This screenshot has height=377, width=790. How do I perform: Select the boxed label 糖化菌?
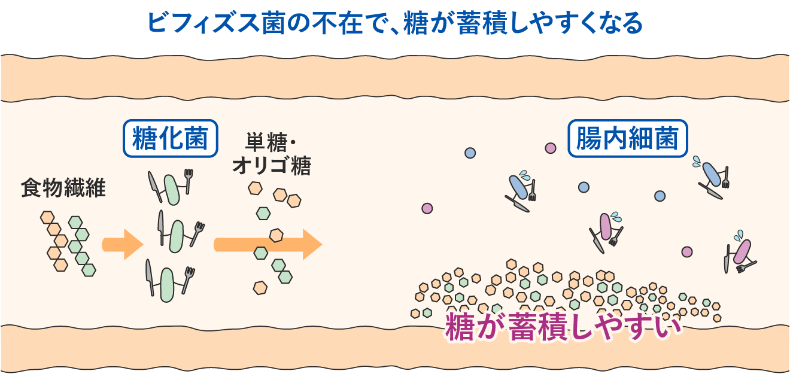coord(171,138)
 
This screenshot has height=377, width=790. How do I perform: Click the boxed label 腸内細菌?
coord(627,138)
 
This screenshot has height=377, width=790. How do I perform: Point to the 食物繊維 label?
coord(63,188)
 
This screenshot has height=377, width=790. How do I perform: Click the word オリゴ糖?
coord(272,165)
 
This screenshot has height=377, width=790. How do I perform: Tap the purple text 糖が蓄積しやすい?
coord(563,327)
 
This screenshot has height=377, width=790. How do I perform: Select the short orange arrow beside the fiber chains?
coord(122,244)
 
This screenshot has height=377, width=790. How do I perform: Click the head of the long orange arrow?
coord(312,244)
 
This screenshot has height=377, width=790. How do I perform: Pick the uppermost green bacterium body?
coord(172,190)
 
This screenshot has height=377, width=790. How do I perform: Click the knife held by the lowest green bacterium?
coord(150,278)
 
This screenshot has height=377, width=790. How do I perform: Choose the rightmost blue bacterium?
coord(712,174)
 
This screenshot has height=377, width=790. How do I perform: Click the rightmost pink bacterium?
coord(742,251)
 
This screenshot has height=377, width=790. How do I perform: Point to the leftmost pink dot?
coord(427,208)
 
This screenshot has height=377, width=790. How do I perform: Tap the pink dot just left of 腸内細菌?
coord(551,148)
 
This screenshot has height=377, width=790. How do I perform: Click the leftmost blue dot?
coord(470,153)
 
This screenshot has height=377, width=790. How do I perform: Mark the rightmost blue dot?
coord(660,196)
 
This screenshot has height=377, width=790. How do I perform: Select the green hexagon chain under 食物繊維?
coord(82,246)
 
